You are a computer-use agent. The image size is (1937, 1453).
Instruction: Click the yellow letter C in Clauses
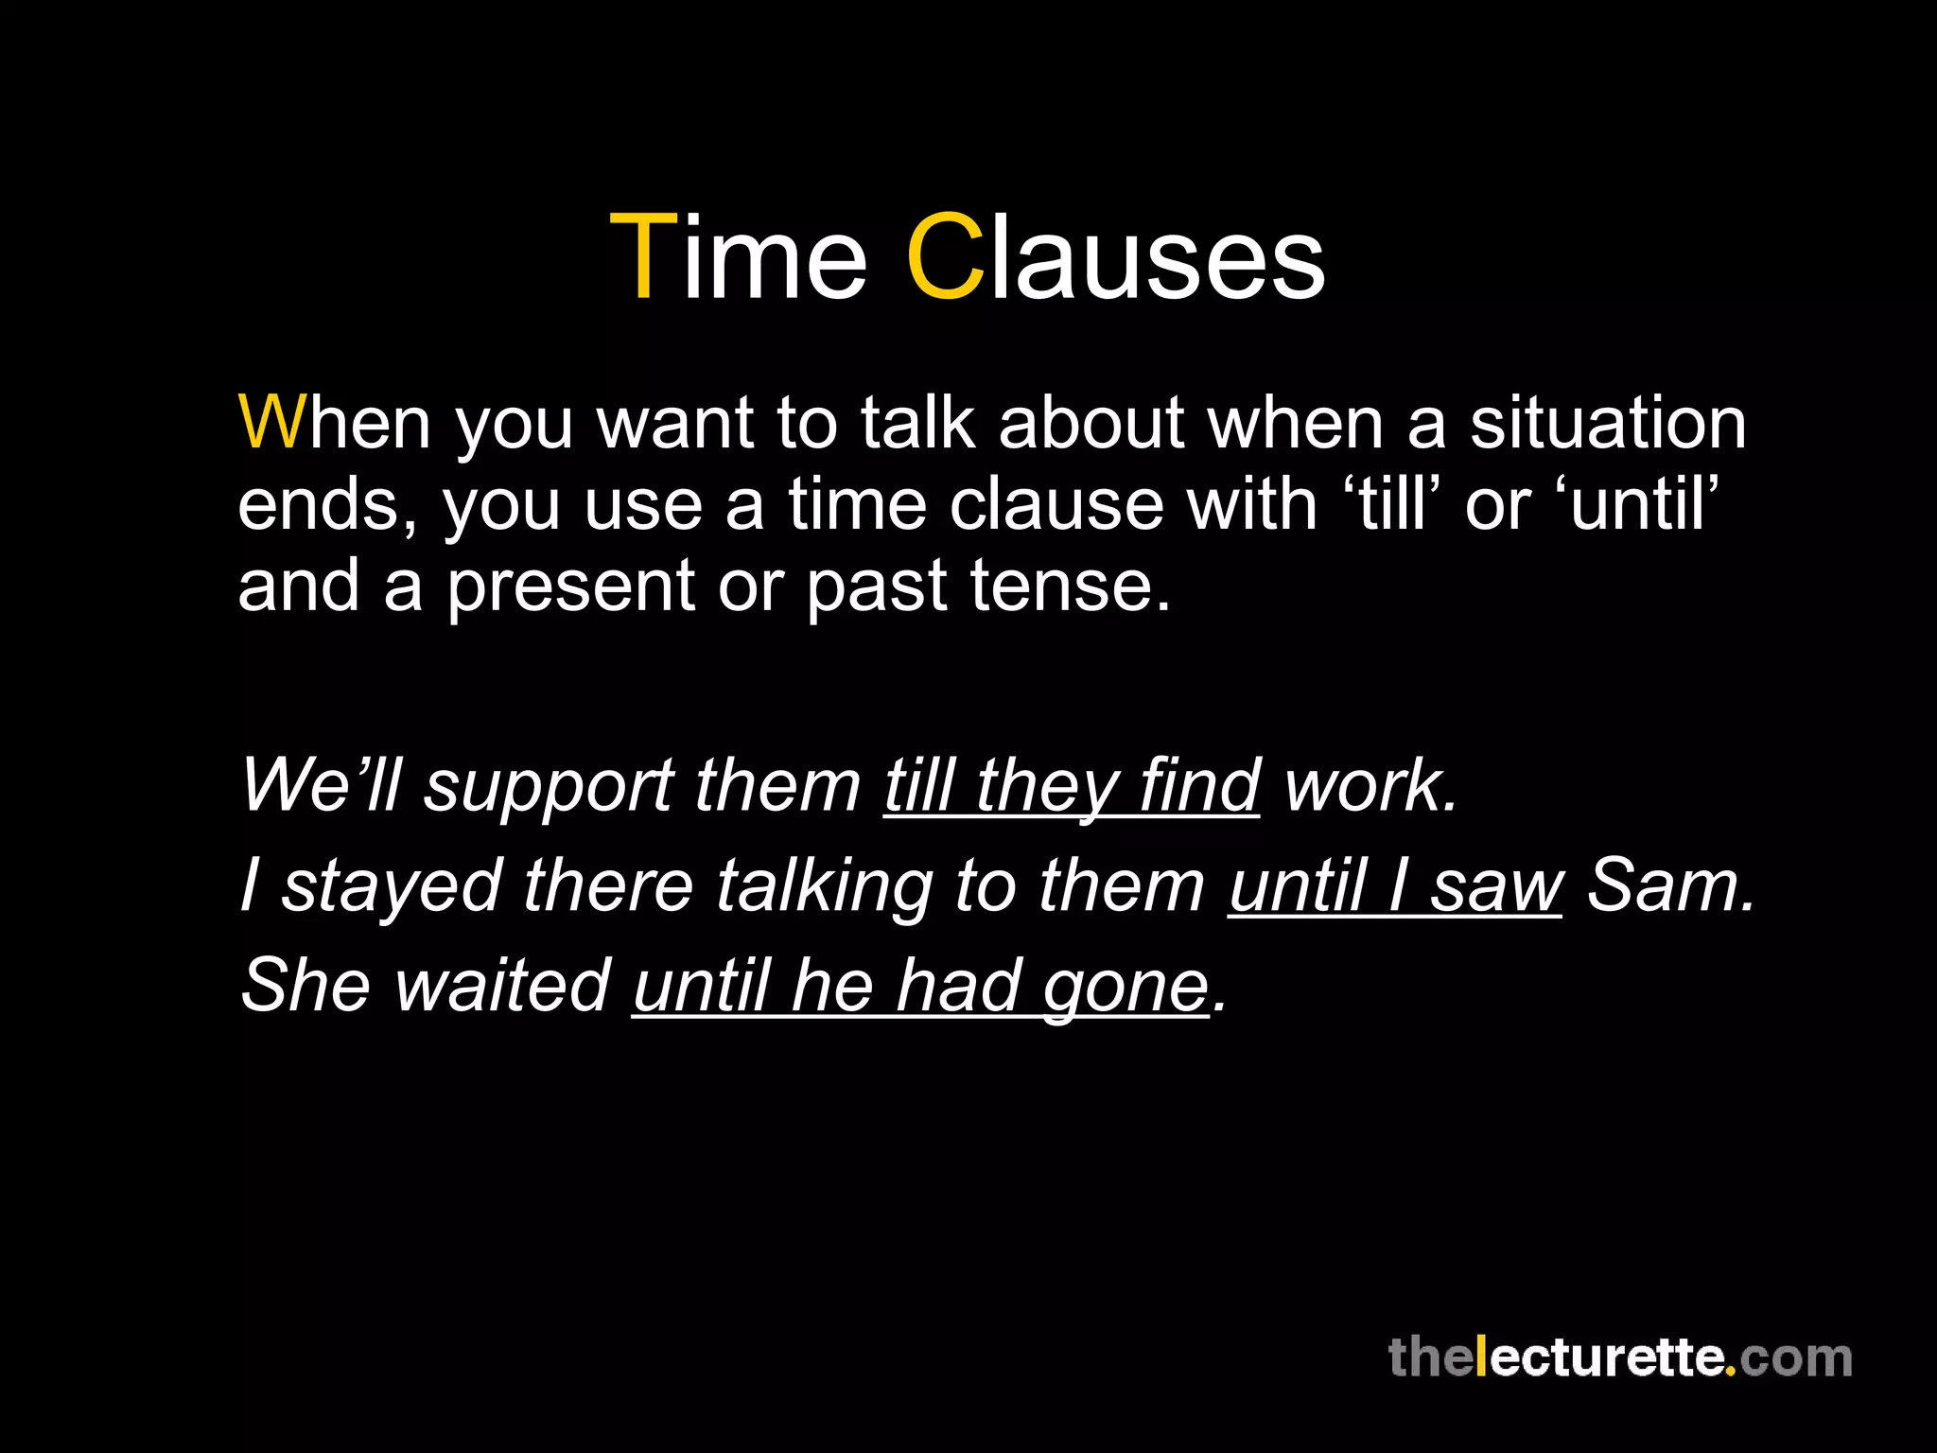coord(946,257)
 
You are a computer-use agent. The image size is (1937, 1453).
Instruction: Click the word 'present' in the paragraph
coord(571,586)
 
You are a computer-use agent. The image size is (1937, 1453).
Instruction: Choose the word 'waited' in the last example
coord(502,985)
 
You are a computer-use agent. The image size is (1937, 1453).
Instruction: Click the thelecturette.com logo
coord(1619,1357)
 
